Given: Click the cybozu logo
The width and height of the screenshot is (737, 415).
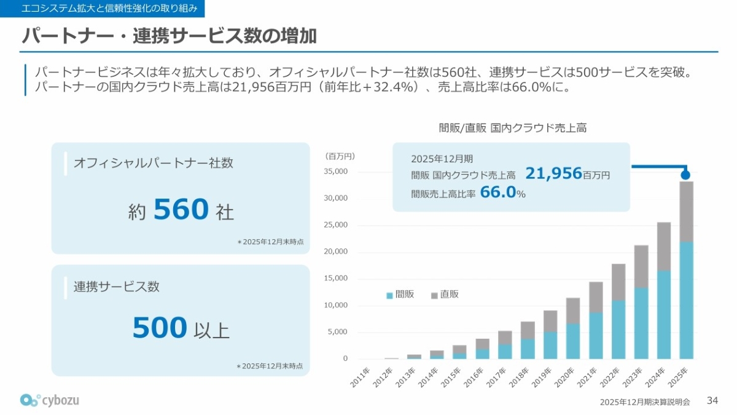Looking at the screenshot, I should tap(50, 400).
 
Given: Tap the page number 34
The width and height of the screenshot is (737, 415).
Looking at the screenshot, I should tap(712, 400).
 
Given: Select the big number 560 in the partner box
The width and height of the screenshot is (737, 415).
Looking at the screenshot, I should tap(181, 210).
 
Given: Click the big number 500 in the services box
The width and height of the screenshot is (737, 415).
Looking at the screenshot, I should tap(160, 328).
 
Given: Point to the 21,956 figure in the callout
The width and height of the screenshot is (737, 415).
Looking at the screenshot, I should tap(553, 174).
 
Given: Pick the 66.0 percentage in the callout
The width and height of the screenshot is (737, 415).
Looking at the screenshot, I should tap(497, 192).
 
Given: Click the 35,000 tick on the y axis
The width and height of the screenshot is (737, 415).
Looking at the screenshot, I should tap(336, 172).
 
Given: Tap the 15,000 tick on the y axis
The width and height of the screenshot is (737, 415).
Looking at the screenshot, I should tap(336, 279).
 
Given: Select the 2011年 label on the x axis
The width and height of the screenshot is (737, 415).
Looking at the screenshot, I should tap(361, 377).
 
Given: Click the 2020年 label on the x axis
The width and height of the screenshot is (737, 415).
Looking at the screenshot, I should tap(566, 377).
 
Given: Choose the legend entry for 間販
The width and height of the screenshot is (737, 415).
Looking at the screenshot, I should tap(400, 294).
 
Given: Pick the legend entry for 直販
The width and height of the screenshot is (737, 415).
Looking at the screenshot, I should tap(445, 294).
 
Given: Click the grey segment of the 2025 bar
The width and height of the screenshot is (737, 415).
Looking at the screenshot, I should tap(686, 211).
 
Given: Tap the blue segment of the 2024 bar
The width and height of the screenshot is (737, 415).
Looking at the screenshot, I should tap(664, 314).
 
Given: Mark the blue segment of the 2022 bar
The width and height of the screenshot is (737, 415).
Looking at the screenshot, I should tap(618, 330).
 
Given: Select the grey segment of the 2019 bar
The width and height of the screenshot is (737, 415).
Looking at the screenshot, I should tap(550, 321).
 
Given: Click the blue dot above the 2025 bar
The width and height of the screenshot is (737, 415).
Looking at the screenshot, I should tap(686, 175).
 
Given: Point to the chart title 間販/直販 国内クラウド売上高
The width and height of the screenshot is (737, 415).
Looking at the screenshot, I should tap(513, 128).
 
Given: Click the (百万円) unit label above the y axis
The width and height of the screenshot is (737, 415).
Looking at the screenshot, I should tap(340, 156).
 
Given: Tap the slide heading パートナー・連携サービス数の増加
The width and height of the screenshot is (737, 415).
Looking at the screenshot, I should tap(169, 36).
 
